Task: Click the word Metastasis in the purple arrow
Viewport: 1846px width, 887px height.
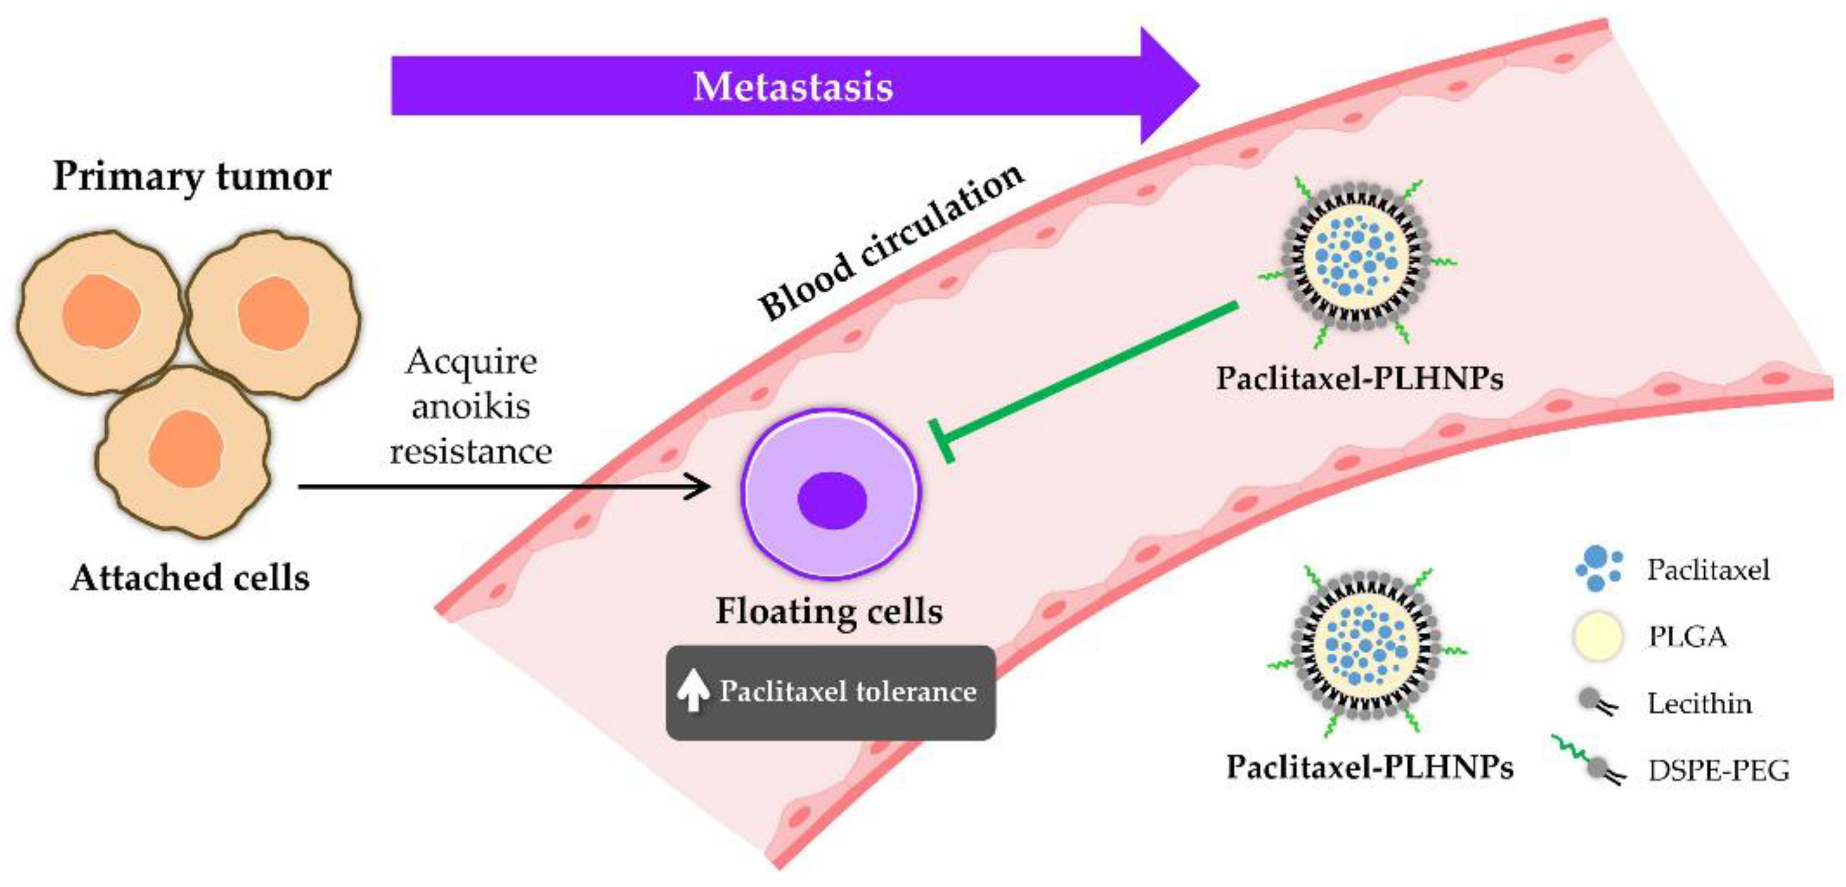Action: click(793, 87)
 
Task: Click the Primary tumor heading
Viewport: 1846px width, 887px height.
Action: click(192, 176)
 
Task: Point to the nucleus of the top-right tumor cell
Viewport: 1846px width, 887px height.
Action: click(273, 314)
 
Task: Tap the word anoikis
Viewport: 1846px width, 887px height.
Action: click(471, 406)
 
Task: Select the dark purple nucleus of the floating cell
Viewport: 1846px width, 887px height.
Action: click(832, 500)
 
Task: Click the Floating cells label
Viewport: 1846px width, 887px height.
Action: click(829, 611)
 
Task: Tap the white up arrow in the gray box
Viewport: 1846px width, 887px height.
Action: click(692, 691)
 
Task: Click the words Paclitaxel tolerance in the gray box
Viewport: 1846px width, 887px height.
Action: click(848, 691)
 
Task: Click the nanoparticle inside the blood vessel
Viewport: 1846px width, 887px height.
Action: click(1355, 256)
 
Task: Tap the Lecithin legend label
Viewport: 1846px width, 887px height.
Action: click(1700, 704)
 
